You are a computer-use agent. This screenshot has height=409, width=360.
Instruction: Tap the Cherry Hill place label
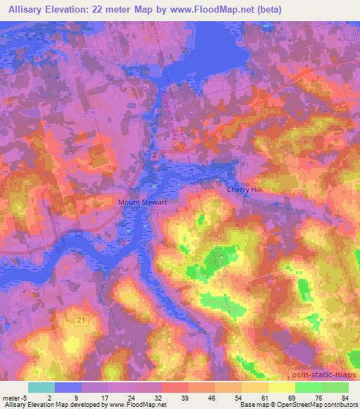pos(245,190)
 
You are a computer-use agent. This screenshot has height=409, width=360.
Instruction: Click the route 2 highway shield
pos(153,154)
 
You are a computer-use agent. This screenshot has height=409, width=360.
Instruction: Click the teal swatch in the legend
pos(41,387)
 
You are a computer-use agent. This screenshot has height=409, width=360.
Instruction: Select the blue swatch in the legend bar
pos(68,387)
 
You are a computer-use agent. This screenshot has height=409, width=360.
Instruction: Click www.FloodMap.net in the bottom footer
pos(134,405)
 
